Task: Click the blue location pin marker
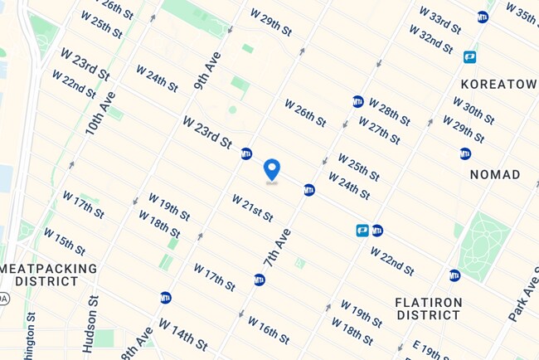coord(271,170)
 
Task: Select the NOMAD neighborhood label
coord(495,175)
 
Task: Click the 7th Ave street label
coord(277,246)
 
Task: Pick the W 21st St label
coord(252,208)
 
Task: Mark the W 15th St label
coord(64,241)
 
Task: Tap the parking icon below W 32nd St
coord(470,57)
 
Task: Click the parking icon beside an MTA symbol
coord(362,231)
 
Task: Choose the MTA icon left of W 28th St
coord(357,101)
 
